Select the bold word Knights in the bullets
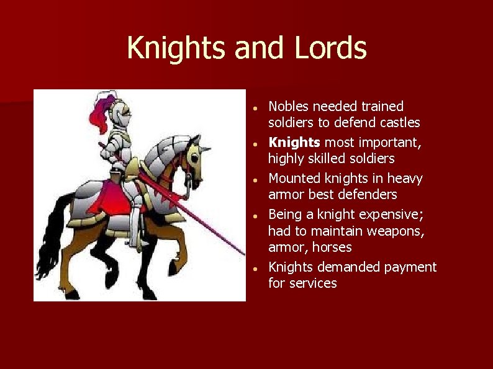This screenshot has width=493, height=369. pos(294,143)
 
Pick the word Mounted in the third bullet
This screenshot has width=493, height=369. pos(294,179)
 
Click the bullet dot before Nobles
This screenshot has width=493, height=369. pos(256,109)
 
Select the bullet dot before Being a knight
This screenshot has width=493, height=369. pos(256,216)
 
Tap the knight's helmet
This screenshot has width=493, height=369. pos(120,112)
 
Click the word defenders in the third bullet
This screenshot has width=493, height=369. pos(366,195)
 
